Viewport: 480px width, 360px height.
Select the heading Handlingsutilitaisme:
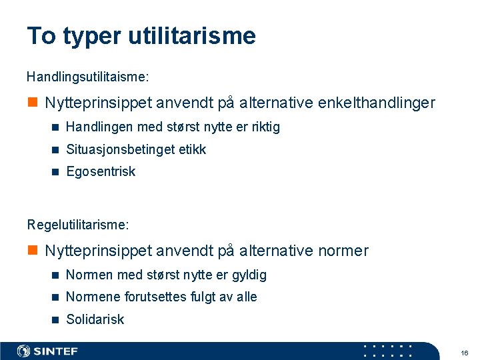[x=88, y=77]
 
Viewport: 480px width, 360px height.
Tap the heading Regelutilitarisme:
[x=78, y=225]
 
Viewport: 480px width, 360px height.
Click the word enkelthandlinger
[x=377, y=103]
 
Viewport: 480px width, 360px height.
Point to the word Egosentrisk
[x=101, y=171]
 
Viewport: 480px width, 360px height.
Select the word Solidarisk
[x=95, y=319]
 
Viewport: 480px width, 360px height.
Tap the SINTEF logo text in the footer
[x=56, y=351]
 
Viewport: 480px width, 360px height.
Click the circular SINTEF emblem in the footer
[x=24, y=351]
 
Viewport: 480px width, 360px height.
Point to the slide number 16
[x=465, y=352]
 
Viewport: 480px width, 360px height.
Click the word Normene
[x=91, y=297]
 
